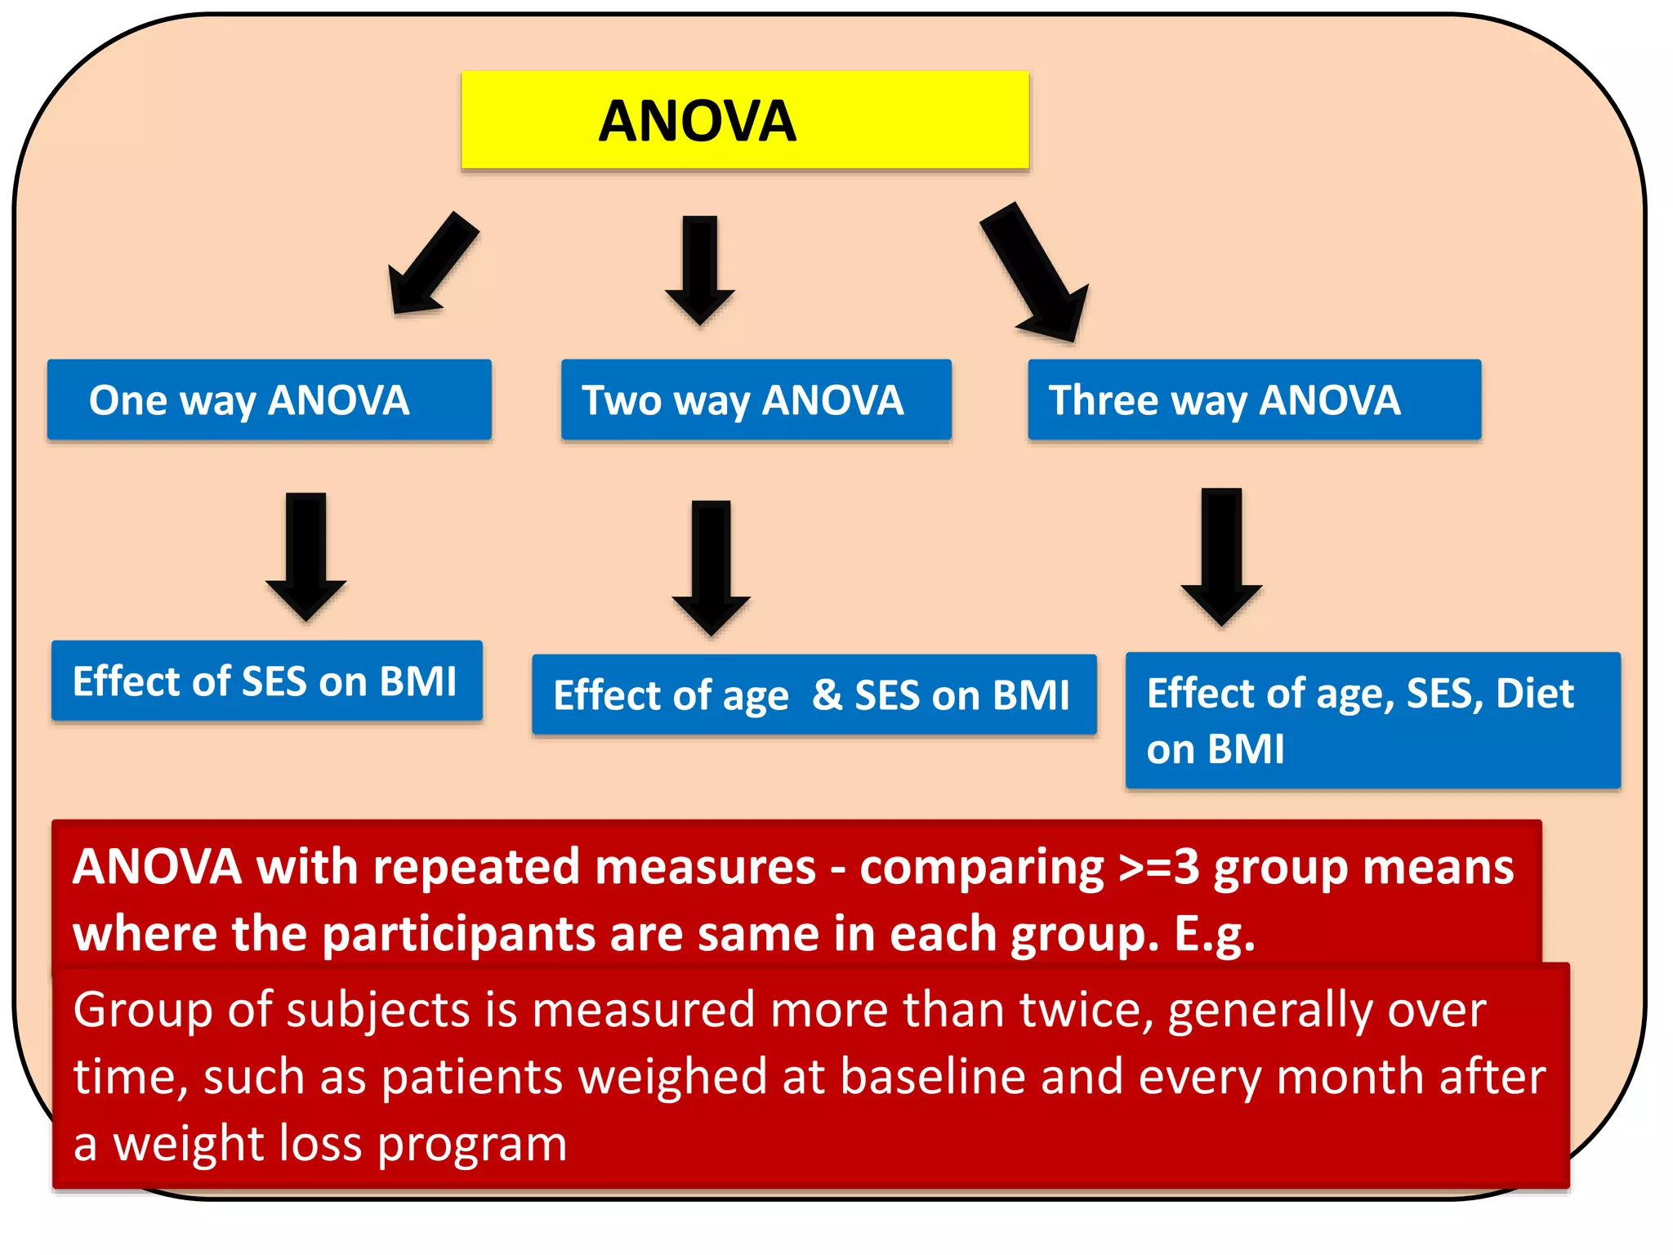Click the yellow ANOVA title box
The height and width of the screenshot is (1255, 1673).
pyautogui.click(x=744, y=120)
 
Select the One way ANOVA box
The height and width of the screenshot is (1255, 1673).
pyautogui.click(x=269, y=400)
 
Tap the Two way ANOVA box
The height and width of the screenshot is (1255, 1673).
pyautogui.click(x=756, y=400)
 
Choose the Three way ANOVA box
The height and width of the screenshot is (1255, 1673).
pyautogui.click(x=1254, y=400)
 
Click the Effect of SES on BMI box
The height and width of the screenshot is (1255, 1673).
pyautogui.click(x=266, y=681)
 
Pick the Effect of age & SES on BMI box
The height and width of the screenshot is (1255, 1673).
pyautogui.click(x=814, y=694)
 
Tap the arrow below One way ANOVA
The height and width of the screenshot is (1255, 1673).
pyautogui.click(x=306, y=555)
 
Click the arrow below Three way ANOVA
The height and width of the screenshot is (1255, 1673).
pyautogui.click(x=1222, y=556)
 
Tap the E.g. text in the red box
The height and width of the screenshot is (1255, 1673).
pyautogui.click(x=1214, y=935)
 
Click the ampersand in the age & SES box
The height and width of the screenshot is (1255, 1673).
pyautogui.click(x=827, y=694)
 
